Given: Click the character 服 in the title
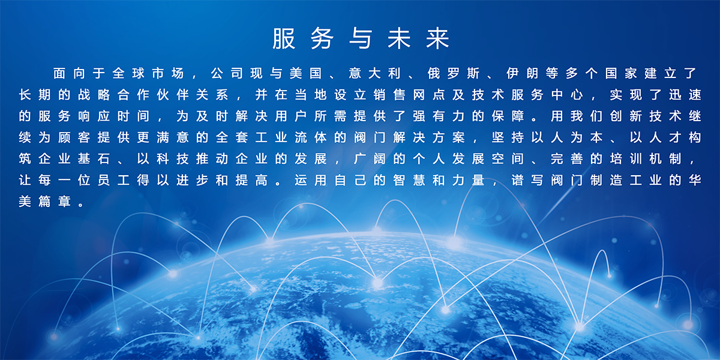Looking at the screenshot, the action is [283, 38].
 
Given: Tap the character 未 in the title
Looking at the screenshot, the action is [399, 38].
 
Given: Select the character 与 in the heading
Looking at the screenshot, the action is [361, 38].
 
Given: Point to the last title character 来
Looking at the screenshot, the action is [437, 38].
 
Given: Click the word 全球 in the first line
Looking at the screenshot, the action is [128, 73].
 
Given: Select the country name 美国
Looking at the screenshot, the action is [305, 73].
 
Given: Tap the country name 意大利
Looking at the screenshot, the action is [374, 73].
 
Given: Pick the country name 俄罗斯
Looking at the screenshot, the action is [454, 73].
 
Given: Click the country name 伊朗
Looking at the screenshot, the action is [523, 73].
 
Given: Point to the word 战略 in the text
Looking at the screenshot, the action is [94, 95].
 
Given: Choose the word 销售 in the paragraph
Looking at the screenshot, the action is [389, 95].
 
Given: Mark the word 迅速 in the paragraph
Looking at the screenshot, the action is [685, 95].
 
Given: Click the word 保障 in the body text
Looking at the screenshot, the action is [508, 116].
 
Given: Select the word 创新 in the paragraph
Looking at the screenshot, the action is [626, 116].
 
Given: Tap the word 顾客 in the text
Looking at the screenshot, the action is [74, 137].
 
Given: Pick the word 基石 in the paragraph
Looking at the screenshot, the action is [94, 159].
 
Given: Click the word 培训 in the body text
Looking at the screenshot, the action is [626, 159].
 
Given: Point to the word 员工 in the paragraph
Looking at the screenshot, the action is [113, 181].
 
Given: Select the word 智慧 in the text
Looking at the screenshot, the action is [409, 181].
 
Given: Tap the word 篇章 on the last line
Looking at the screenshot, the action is [55, 202].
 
